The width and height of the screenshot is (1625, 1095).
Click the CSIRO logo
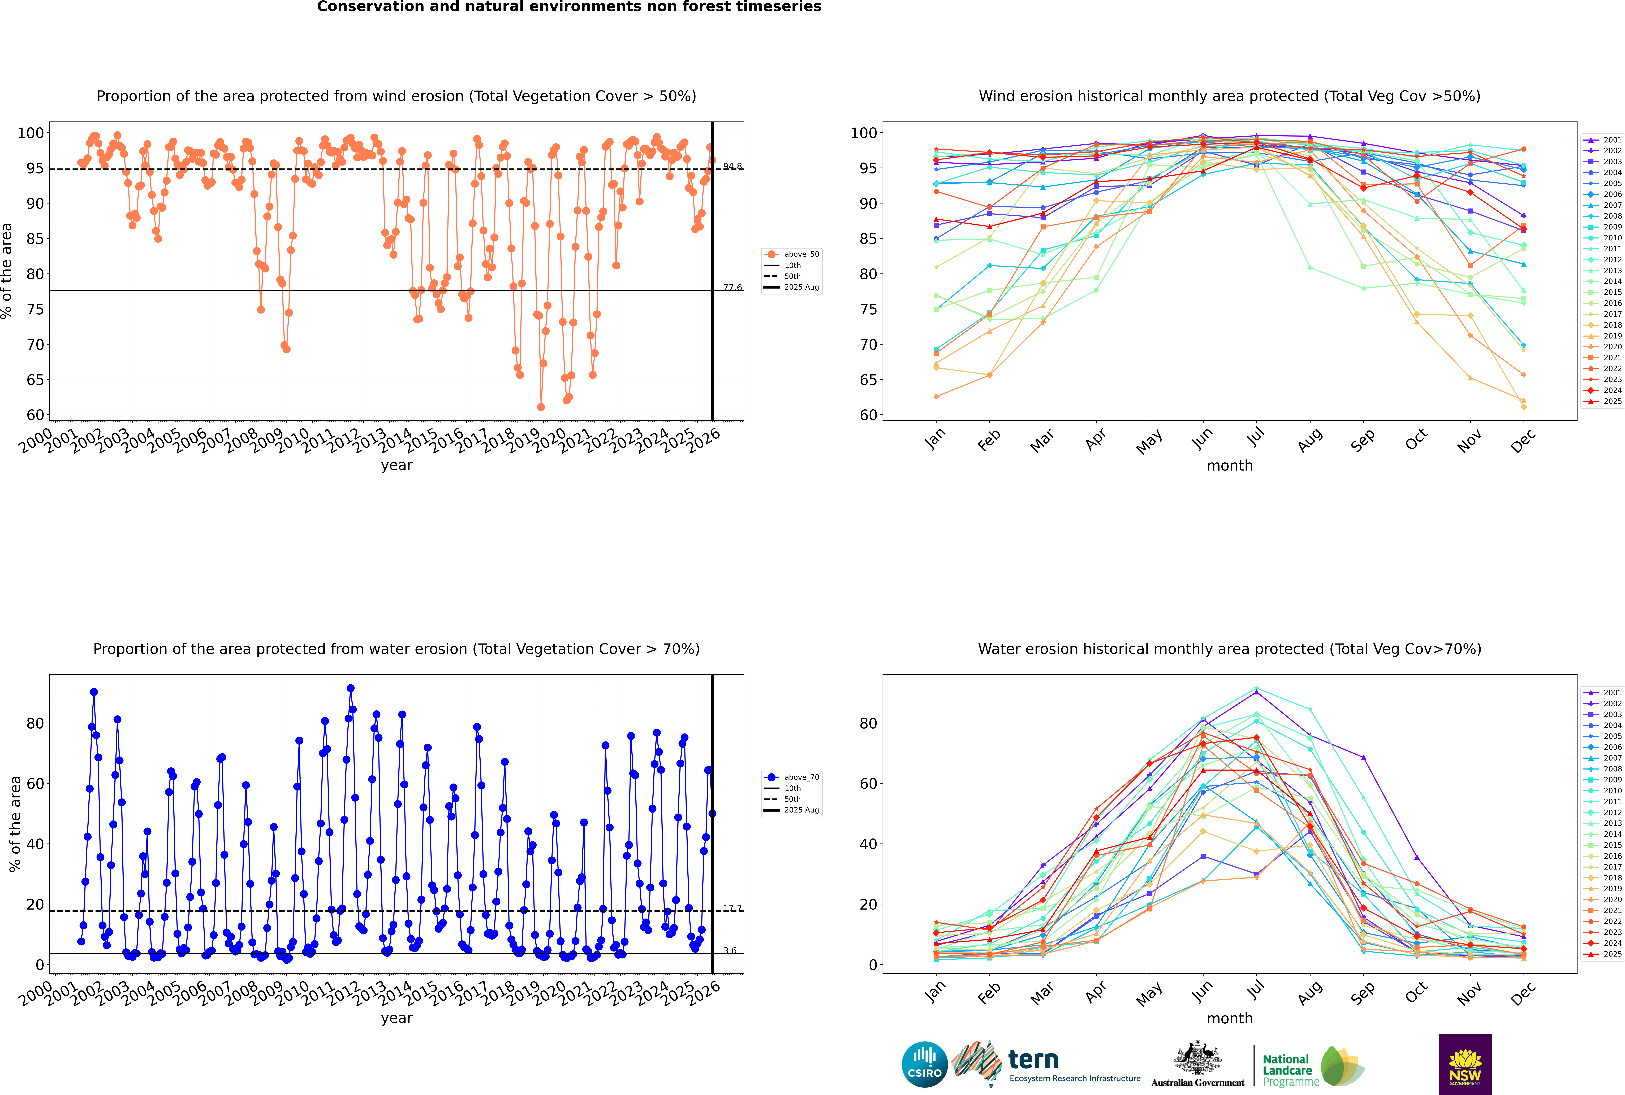click(x=924, y=1064)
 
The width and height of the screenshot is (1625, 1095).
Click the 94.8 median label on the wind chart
click(x=732, y=166)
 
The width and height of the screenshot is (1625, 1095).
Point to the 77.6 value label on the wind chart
click(x=732, y=287)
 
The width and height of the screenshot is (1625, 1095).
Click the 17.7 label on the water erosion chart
click(x=732, y=908)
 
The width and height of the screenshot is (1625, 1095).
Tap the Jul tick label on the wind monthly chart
click(x=1255, y=437)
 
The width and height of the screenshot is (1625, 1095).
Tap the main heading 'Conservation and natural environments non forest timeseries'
click(x=569, y=7)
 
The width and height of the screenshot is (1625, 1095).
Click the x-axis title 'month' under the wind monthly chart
click(x=1230, y=466)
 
